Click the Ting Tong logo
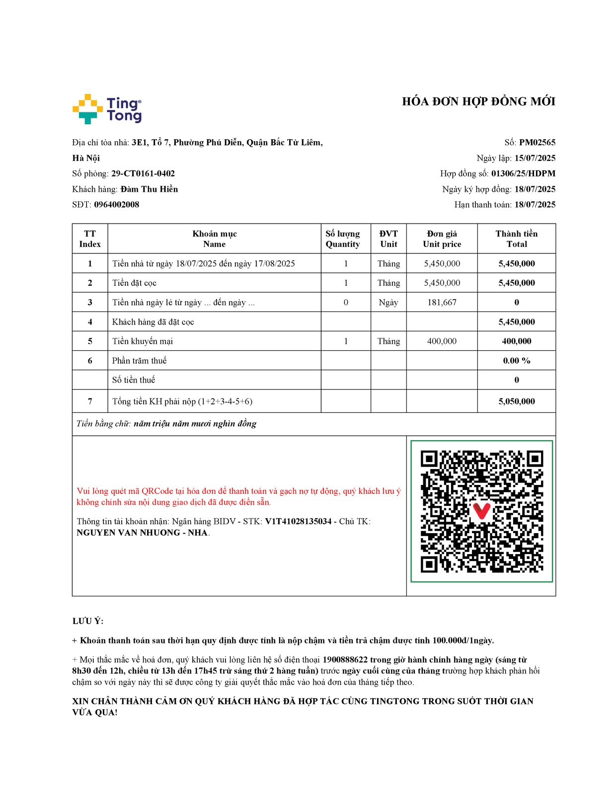107,109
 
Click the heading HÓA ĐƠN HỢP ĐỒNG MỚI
478,102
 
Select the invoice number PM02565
537,143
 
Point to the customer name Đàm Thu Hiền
149,189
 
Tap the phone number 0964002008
117,205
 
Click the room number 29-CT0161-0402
143,174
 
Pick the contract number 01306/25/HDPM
523,174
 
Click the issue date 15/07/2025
535,159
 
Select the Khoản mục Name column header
215,239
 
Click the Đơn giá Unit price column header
442,239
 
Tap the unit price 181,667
442,303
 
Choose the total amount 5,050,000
517,401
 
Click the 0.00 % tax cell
517,361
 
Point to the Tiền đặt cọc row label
134,283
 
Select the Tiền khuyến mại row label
143,341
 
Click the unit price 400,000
442,341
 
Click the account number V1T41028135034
298,522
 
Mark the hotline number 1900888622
345,660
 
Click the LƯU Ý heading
88,622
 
